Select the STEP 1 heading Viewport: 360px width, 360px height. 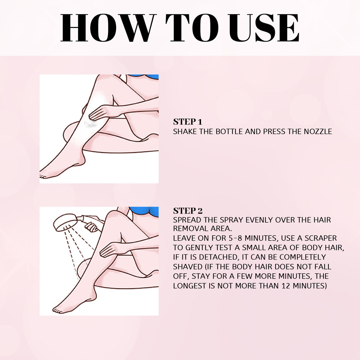tap(187, 122)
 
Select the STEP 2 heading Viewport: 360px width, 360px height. tap(188, 211)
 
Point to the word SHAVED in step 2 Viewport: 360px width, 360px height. tap(188, 267)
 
